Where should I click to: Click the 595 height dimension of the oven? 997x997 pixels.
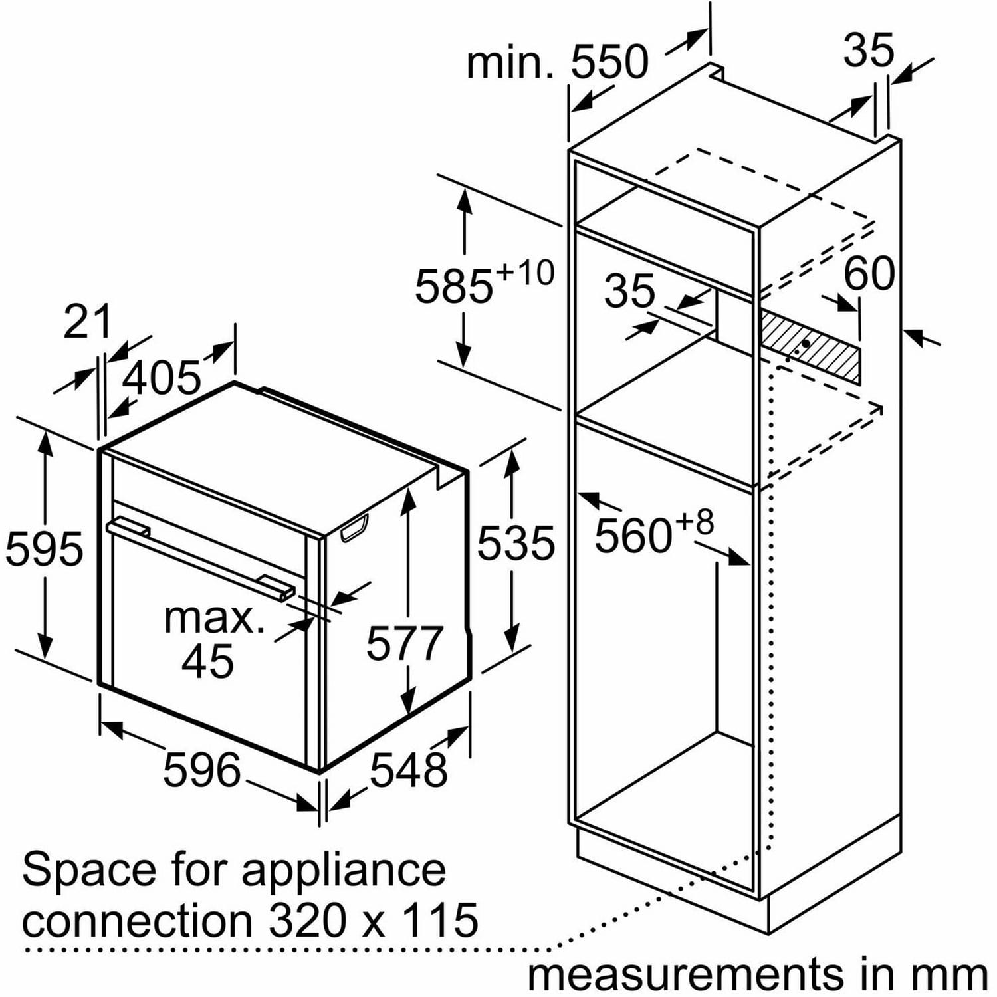click(x=45, y=549)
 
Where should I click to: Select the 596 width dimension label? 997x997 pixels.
click(x=202, y=770)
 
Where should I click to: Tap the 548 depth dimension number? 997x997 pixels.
click(x=408, y=770)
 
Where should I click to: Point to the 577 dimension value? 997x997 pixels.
click(x=405, y=643)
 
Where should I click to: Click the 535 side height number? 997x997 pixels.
click(x=516, y=542)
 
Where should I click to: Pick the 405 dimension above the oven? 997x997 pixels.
click(x=162, y=377)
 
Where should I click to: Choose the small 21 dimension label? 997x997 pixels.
click(x=87, y=322)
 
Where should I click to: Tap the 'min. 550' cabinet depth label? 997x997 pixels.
click(x=557, y=62)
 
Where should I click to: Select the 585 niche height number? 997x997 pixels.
click(x=454, y=286)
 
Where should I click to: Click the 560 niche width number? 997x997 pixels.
click(x=633, y=536)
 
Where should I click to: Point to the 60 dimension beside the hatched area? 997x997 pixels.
click(x=869, y=273)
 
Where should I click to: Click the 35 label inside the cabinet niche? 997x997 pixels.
click(x=629, y=290)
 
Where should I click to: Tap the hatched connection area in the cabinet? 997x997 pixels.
click(x=810, y=345)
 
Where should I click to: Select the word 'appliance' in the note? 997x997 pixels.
click(x=344, y=871)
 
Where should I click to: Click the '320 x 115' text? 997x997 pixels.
click(x=374, y=920)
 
